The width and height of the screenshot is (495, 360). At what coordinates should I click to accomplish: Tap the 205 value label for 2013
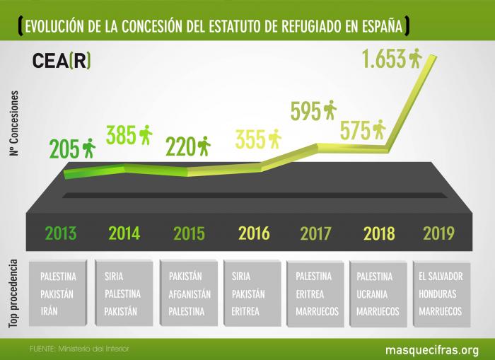[63, 149]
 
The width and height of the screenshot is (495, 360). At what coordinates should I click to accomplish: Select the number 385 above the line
[121, 134]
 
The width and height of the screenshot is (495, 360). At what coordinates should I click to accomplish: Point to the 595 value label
[305, 112]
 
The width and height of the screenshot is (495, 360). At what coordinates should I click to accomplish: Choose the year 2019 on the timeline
[438, 233]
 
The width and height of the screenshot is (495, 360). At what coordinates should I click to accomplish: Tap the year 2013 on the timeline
[60, 233]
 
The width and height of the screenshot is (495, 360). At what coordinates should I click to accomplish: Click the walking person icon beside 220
[204, 146]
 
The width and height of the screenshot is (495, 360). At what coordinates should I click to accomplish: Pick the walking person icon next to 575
[379, 129]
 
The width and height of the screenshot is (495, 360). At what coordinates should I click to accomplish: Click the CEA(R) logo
[62, 61]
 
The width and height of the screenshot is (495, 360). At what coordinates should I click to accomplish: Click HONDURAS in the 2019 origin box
[440, 294]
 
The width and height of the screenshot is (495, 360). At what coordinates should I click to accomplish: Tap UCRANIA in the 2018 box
[375, 294]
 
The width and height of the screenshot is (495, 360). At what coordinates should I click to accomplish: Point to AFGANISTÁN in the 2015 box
[186, 294]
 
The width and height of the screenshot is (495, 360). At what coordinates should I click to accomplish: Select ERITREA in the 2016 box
[245, 310]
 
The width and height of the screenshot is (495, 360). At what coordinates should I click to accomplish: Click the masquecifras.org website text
[431, 349]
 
